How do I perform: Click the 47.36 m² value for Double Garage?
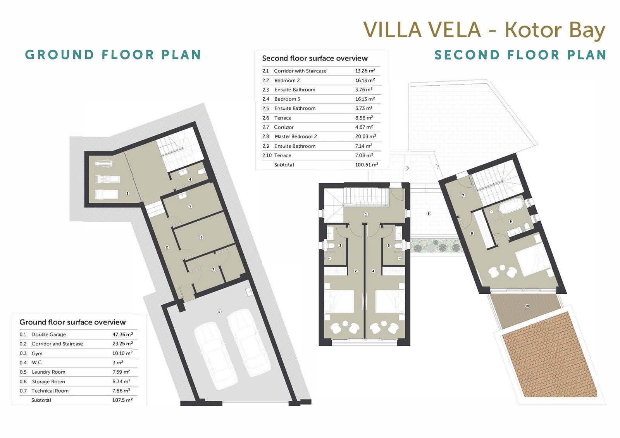(122, 335)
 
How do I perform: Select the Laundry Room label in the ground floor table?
(48, 372)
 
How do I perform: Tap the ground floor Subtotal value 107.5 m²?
(122, 400)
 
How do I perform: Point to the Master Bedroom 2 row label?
(296, 136)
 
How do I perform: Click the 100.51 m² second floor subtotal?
(367, 165)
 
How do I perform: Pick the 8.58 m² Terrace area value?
(364, 118)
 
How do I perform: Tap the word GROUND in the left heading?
(60, 55)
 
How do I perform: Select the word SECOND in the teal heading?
(467, 55)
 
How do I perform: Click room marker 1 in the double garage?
(219, 312)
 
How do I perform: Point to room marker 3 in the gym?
(127, 193)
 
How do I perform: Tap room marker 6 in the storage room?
(201, 237)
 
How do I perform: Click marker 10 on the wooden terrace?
(527, 306)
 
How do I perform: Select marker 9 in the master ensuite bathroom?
(511, 221)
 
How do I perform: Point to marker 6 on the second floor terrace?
(429, 214)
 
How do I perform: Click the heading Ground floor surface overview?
(72, 322)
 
